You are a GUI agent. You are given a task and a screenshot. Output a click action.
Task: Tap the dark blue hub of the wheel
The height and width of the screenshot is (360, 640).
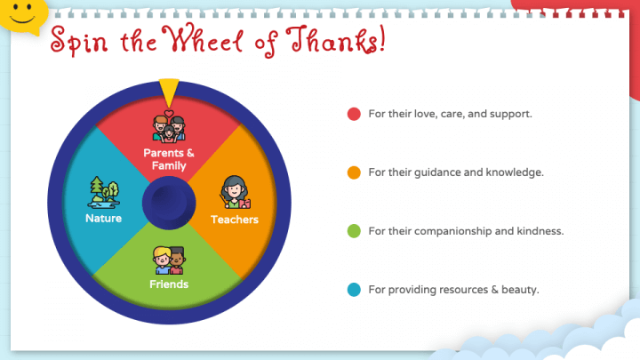coord(169,203)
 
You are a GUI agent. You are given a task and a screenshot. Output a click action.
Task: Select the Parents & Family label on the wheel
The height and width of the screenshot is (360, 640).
coord(169,159)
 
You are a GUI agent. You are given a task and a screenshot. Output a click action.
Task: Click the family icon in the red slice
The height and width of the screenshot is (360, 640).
coord(169,126)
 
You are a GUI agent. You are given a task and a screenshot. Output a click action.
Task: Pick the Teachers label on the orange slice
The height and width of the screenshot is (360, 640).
coord(235,220)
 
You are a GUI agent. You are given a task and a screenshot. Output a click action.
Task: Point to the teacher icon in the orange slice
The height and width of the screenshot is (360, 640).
coord(235,192)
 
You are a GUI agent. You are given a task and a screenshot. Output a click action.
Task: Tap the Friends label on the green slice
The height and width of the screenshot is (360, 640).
coord(169,284)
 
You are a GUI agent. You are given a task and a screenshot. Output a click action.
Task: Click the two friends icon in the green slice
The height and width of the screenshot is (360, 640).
coord(169,260)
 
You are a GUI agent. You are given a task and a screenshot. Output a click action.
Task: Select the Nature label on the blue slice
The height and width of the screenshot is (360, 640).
coord(103,219)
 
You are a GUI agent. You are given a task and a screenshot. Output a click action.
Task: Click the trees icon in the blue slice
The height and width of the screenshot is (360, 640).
coord(104,193)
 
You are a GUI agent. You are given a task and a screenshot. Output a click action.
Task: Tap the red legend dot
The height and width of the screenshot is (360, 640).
coord(354,114)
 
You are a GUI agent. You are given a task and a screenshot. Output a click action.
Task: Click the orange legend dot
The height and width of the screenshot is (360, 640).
coord(354,172)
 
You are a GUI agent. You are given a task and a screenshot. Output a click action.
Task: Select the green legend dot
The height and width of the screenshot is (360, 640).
coord(354,231)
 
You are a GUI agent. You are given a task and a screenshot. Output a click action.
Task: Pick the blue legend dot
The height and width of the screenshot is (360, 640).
coord(354,290)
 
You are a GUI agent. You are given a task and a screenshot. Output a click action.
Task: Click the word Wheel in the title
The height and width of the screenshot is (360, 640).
coord(203,39)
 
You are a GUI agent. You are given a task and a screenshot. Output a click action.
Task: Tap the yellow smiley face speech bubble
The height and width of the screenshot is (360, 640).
coord(22,16)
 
